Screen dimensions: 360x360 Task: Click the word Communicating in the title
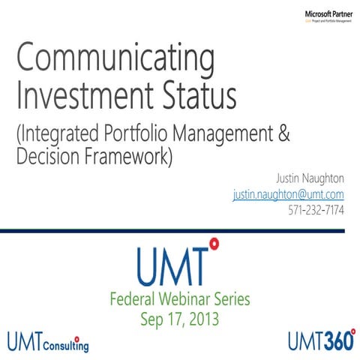click(115, 58)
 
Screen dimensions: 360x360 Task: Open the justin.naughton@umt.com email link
click(289, 195)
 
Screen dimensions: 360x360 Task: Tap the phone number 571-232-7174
click(316, 211)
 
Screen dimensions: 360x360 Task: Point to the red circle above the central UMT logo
click(214, 243)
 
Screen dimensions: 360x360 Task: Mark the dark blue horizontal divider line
click(180, 232)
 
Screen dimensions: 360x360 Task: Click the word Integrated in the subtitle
click(61, 136)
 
